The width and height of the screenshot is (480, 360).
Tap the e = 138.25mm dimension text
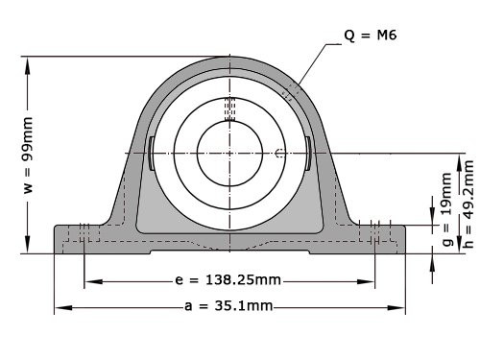pos(230,281)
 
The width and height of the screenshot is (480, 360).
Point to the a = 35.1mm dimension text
pos(228,306)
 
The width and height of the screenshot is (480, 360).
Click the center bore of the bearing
pos(229,153)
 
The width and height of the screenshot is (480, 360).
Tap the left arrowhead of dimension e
pos(90,282)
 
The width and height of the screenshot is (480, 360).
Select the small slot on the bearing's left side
pos(152,154)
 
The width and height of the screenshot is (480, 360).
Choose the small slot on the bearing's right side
pos(307,154)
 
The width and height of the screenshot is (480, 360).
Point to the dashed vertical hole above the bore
pos(229,109)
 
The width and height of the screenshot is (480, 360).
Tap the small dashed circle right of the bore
pos(278,154)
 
